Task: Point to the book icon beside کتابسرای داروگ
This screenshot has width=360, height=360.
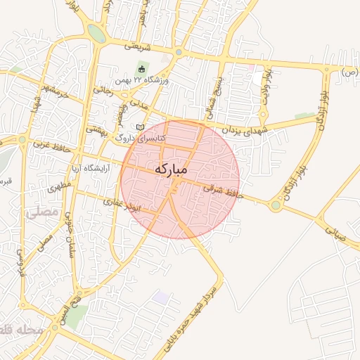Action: [x=139, y=126]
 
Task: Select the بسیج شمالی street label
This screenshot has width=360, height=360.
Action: [x=219, y=97]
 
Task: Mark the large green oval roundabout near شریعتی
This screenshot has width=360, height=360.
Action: [x=96, y=33]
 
